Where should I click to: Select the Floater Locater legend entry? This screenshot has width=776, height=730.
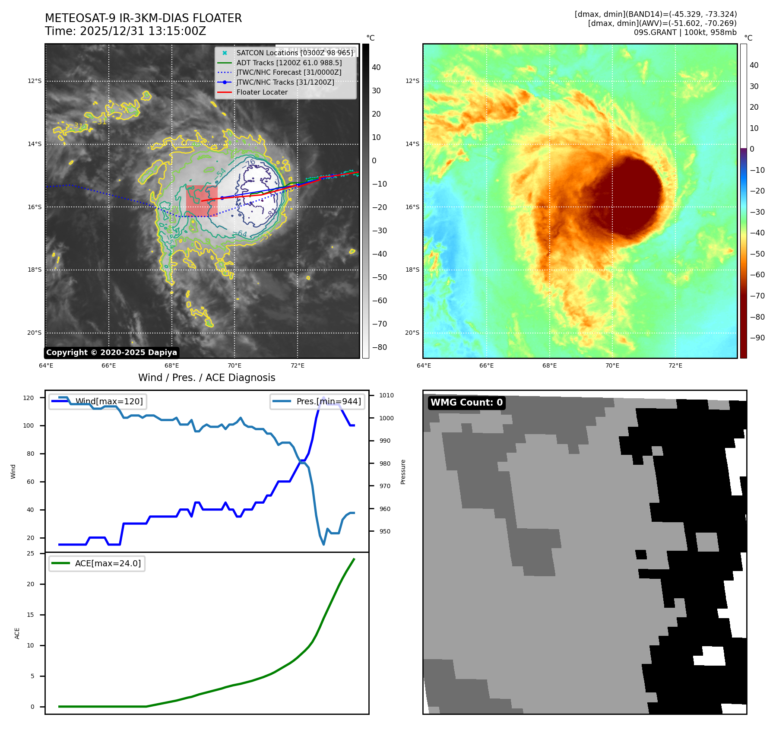[x=262, y=92]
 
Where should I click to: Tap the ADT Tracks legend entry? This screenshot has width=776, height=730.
[x=289, y=63]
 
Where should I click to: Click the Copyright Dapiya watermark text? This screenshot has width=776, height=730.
[x=111, y=352]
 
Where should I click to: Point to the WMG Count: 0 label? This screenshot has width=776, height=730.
[x=466, y=403]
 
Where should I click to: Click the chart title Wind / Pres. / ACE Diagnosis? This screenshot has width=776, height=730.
[x=206, y=378]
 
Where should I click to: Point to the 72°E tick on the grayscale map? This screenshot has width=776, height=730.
[x=298, y=365]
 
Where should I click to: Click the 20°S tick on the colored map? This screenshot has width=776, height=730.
[x=412, y=333]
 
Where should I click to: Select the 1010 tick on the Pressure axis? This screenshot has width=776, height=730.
[x=386, y=395]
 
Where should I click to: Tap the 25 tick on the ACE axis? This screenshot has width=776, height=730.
[x=30, y=553]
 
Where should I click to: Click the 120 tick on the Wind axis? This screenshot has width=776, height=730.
[x=29, y=398]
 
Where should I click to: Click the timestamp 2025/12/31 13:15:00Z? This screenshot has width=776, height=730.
[x=143, y=31]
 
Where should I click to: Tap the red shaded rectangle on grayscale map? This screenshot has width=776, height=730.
[x=202, y=200]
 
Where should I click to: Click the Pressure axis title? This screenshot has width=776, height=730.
[x=403, y=472]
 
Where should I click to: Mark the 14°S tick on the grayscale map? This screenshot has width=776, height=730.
[x=35, y=144]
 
